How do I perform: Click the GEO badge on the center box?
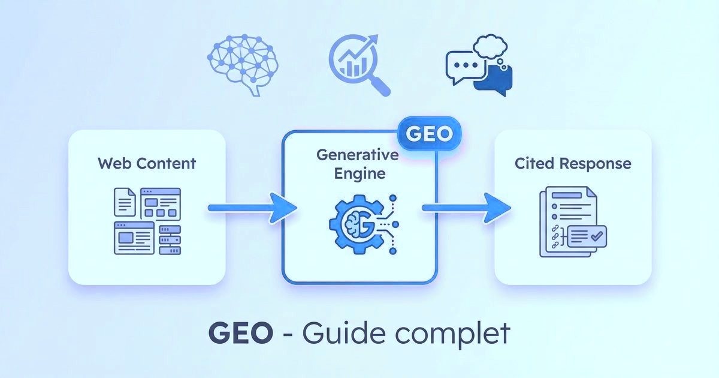429,133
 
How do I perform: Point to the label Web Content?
147,163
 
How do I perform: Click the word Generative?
358,154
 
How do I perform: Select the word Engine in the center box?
357,175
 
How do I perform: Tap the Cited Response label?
573,163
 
